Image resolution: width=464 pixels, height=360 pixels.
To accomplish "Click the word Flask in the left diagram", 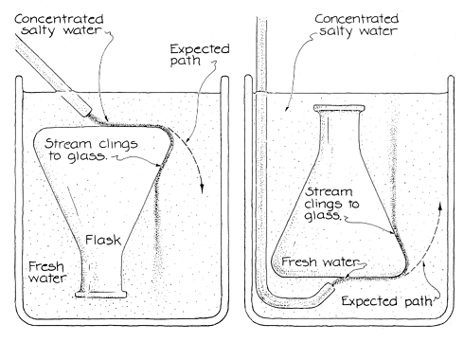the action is click(103, 240).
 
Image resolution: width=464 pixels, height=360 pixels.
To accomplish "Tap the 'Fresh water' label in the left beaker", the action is click(47, 272).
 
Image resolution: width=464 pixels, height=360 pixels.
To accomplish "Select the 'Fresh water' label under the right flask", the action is click(320, 261).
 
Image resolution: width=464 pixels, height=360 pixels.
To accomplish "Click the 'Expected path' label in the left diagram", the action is click(200, 54).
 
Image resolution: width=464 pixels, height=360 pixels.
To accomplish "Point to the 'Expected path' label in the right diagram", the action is click(387, 301).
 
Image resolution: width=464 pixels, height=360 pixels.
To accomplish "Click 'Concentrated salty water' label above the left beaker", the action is click(59, 25).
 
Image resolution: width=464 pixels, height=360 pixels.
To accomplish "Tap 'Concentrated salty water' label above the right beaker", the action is click(357, 25).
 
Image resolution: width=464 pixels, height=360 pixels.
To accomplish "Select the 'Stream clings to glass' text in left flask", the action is click(91, 150).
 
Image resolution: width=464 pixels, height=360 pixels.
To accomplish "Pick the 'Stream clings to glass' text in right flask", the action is click(331, 204).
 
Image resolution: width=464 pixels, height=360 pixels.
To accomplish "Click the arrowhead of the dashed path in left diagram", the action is click(202, 189).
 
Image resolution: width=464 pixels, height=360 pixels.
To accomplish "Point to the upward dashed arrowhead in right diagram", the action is click(440, 205).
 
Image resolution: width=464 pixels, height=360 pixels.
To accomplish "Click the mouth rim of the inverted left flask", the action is click(101, 295).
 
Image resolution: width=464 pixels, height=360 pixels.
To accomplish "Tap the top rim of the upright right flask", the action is click(339, 108).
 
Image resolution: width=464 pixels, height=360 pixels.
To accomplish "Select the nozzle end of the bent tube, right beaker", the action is click(330, 287).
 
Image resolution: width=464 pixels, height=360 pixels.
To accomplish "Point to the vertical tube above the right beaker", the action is click(261, 54).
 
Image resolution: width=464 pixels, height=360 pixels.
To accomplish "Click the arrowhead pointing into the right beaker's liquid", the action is click(287, 109).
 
